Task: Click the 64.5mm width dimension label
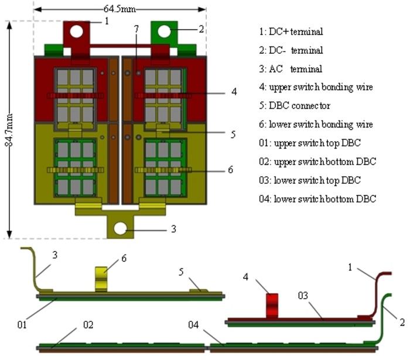tap(119, 9)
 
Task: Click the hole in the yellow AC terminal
tap(120, 228)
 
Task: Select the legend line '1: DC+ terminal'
tap(291, 32)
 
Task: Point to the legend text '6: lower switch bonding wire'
tap(320, 124)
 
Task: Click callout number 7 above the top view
tap(136, 29)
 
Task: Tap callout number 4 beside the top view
tap(234, 92)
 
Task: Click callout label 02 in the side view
tap(88, 324)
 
